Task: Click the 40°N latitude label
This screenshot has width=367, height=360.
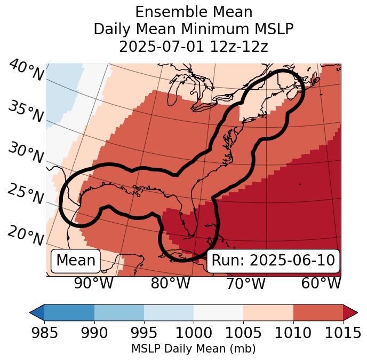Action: tap(26, 71)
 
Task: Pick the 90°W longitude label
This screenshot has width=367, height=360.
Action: tap(94, 283)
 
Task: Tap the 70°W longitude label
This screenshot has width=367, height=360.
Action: tap(245, 283)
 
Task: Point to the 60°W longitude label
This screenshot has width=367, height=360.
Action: tap(321, 283)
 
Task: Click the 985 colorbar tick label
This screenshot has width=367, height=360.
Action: tap(45, 333)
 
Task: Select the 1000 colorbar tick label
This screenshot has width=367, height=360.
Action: tap(194, 333)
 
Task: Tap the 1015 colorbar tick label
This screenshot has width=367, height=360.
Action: tap(342, 333)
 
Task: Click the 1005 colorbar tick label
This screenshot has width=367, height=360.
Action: tap(243, 333)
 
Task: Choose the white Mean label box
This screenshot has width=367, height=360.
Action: tap(76, 261)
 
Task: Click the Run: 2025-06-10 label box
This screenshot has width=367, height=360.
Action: tap(273, 261)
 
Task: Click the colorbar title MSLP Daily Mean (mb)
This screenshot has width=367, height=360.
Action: tap(193, 349)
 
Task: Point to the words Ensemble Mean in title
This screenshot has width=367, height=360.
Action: tap(194, 12)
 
